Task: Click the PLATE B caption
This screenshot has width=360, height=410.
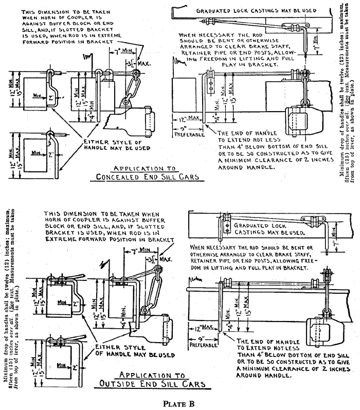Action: pos(181,403)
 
